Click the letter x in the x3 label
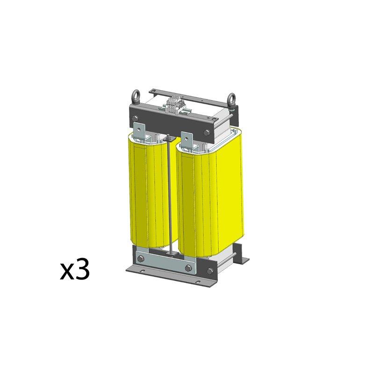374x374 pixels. click(x=67, y=272)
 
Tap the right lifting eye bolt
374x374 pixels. click(x=231, y=100)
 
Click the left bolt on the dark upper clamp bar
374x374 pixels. click(x=135, y=118)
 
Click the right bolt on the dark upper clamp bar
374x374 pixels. click(x=206, y=133)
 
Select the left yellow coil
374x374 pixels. click(x=153, y=191)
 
